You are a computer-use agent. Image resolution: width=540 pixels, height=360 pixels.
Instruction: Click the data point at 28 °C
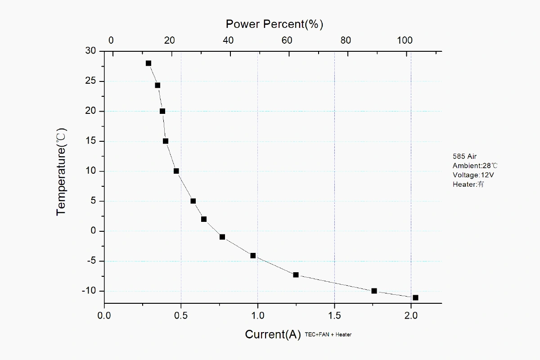[148, 63]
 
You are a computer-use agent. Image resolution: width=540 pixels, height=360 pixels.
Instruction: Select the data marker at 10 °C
[176, 171]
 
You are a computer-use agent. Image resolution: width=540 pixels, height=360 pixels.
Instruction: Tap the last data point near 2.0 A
[415, 297]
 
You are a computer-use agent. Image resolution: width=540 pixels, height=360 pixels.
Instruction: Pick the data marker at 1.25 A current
[296, 274]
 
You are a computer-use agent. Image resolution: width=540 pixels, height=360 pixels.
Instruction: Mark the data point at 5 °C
[193, 201]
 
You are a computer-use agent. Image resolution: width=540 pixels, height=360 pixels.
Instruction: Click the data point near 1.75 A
[374, 291]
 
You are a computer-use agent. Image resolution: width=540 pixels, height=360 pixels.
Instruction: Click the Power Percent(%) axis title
[274, 24]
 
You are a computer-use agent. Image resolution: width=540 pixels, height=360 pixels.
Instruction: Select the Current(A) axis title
[273, 334]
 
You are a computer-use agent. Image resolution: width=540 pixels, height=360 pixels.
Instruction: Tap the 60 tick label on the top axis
[287, 40]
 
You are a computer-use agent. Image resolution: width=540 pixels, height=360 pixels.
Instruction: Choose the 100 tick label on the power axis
[405, 40]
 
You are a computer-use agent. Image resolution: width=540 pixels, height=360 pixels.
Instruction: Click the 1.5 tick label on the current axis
[334, 315]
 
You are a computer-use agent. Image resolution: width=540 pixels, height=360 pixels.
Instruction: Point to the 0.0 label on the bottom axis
[104, 315]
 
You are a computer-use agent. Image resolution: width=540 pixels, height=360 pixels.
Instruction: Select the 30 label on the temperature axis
[90, 51]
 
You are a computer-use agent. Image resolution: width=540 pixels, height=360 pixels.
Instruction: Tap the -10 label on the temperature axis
[89, 291]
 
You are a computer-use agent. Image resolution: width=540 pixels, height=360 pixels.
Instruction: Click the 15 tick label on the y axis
[91, 141]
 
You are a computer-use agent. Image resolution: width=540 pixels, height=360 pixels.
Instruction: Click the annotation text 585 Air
[464, 157]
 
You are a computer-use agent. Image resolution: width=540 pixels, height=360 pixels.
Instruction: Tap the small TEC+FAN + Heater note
[328, 334]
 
